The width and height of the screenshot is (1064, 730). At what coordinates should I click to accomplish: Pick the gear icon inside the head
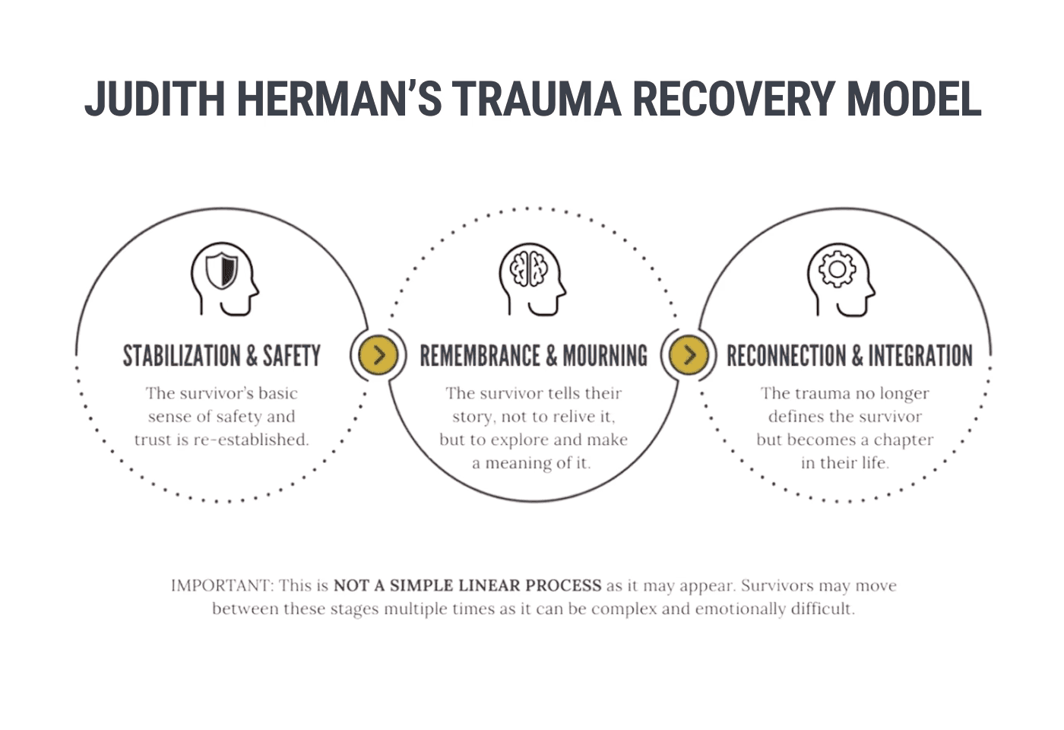837,269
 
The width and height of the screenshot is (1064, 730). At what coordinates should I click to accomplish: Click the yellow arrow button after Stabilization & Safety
378,354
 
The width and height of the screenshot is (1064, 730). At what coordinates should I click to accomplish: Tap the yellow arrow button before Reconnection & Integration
689,354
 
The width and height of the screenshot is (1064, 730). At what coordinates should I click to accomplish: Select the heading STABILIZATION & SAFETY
222,356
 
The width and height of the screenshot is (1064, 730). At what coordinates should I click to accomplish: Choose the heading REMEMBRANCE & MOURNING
534,356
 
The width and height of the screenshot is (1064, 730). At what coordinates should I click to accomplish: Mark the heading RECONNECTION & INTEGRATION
849,356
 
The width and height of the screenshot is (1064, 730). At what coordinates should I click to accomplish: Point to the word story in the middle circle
472,417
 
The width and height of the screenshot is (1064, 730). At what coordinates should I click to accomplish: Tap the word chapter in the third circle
904,440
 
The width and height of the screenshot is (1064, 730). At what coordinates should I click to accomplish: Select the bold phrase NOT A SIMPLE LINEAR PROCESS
467,586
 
